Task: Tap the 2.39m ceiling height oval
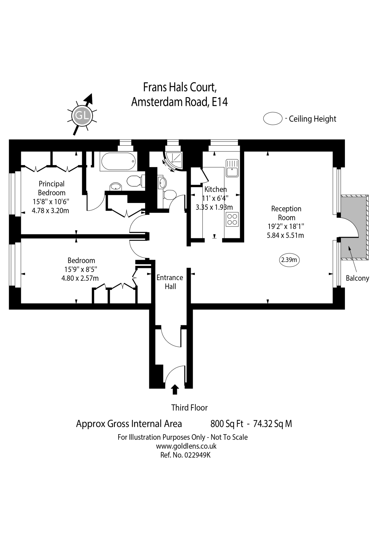(x=289, y=260)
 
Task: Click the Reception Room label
(x=286, y=213)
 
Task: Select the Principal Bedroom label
(x=52, y=188)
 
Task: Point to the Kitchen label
(x=216, y=189)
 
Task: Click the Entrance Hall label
(x=170, y=282)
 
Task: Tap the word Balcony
(x=357, y=278)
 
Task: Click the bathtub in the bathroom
(x=119, y=162)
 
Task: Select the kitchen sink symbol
(x=232, y=168)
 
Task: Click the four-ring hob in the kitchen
(x=232, y=219)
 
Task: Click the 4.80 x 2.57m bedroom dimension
(x=80, y=278)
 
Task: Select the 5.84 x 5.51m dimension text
(x=285, y=235)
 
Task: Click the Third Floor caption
(x=189, y=408)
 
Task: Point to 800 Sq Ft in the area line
(x=227, y=423)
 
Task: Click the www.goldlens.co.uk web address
(x=186, y=446)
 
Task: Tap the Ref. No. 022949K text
(x=186, y=455)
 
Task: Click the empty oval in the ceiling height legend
(x=273, y=119)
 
